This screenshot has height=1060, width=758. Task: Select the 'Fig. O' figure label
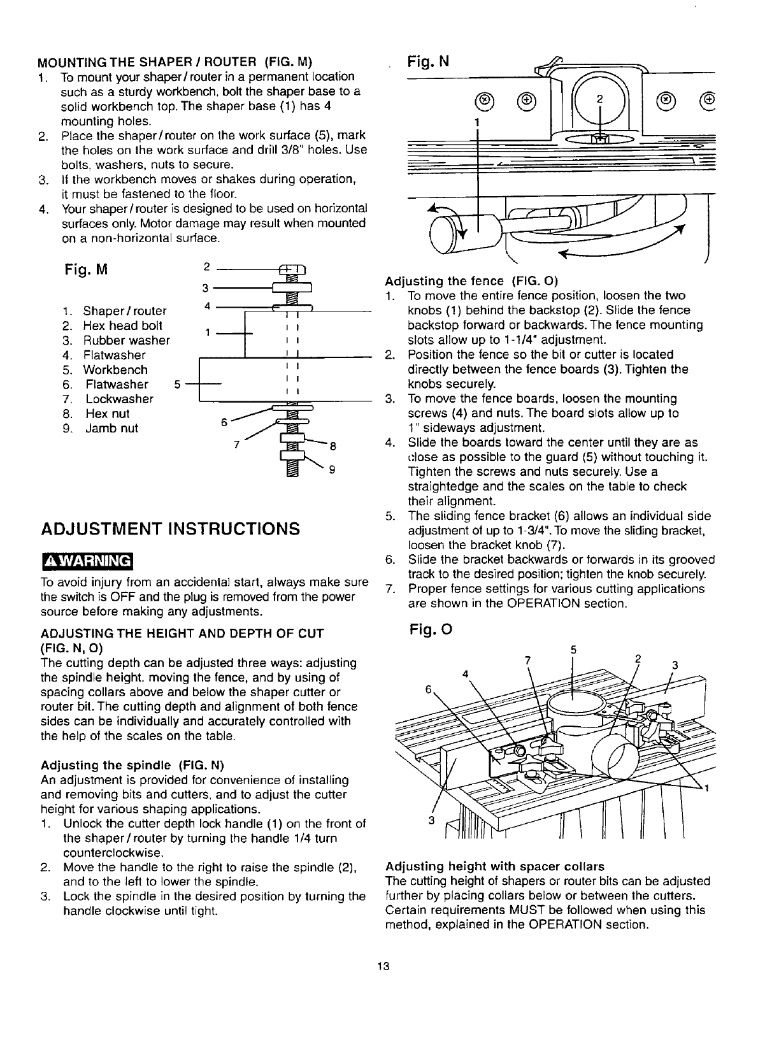(x=431, y=631)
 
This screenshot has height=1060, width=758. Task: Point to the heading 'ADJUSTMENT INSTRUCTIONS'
(x=170, y=529)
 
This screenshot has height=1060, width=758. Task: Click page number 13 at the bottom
(x=382, y=966)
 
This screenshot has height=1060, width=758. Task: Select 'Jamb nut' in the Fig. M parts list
(x=111, y=428)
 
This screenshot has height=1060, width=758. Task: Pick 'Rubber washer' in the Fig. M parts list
(x=126, y=340)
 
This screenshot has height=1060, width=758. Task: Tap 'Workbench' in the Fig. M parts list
(x=115, y=369)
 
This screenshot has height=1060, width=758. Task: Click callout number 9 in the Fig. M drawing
(x=332, y=471)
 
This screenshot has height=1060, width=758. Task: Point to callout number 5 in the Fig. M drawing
(x=177, y=384)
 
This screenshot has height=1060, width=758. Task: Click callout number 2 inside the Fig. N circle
(x=599, y=99)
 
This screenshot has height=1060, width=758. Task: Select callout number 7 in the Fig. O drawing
(x=527, y=661)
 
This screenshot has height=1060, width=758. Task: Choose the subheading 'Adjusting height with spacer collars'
(x=495, y=866)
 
